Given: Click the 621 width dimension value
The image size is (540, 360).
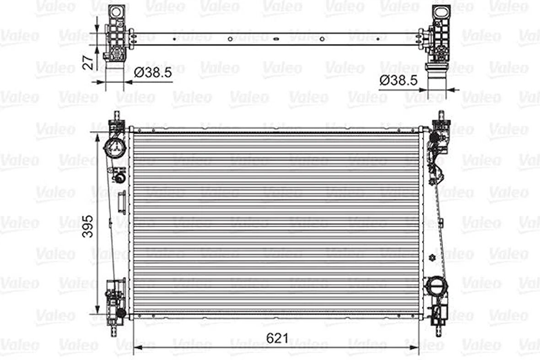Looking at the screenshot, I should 277,339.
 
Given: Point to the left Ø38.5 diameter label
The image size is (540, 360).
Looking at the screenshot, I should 153,72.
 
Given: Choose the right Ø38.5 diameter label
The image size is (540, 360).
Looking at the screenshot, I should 399,81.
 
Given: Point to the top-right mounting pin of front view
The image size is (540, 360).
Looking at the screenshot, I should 442,115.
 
